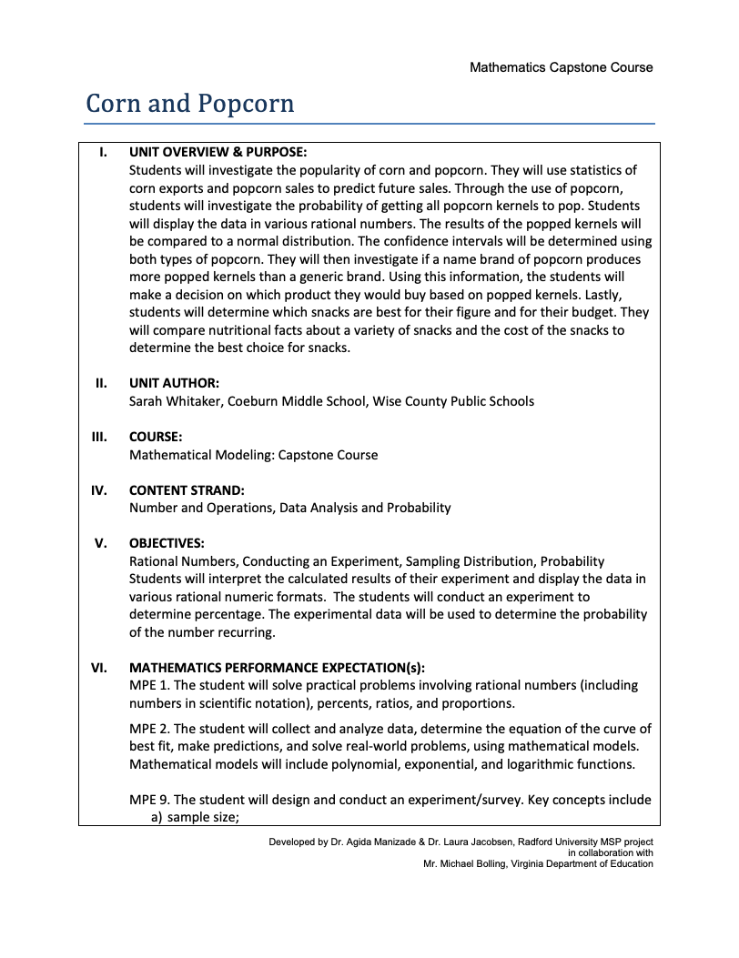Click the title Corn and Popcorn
[189, 104]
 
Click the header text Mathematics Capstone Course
[561, 67]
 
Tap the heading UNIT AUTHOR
[174, 383]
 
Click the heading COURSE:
[156, 437]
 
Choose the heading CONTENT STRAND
[187, 490]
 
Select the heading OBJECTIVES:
[167, 544]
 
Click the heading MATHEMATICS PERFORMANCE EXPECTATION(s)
[277, 667]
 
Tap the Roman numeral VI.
[98, 667]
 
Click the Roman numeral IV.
[98, 490]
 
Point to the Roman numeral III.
[98, 437]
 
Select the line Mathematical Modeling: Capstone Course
[253, 455]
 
